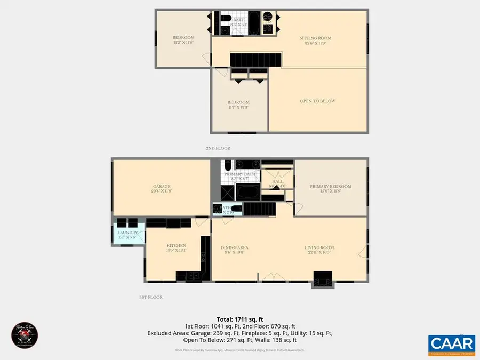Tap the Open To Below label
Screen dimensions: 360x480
318,101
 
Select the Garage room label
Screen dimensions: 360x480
161,186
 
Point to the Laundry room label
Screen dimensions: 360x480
128,233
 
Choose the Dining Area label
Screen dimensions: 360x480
235,247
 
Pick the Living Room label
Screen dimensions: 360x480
319,247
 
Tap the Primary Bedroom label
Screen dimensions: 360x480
331,186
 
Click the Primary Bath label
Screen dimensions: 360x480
239,174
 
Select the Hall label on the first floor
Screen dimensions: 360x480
278,181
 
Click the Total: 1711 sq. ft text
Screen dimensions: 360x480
239,318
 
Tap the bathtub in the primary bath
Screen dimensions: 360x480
247,192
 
